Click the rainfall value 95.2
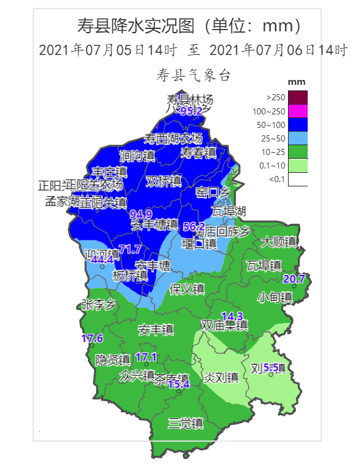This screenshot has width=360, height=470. tap(191, 111)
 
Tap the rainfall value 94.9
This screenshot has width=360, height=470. tap(142, 214)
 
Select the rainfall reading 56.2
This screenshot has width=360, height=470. tap(194, 226)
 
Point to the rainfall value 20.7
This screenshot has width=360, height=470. tap(294, 279)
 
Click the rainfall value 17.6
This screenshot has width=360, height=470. tap(92, 338)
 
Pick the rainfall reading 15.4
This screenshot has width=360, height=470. tap(178, 384)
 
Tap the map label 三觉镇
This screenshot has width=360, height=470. tap(186, 423)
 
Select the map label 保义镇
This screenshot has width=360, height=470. tap(187, 289)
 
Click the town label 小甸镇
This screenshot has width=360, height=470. tap(274, 297)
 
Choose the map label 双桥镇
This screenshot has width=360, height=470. tap(164, 181)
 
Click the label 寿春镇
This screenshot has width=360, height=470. tap(198, 153)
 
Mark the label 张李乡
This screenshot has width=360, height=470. tap(98, 305)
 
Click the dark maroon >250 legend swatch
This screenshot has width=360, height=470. tap(298, 97)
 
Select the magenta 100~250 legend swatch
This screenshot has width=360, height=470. tap(298, 111)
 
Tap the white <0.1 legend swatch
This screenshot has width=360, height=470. tap(298, 179)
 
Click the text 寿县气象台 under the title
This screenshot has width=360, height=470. tap(193, 76)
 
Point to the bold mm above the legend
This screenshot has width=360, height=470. tap(297, 82)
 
